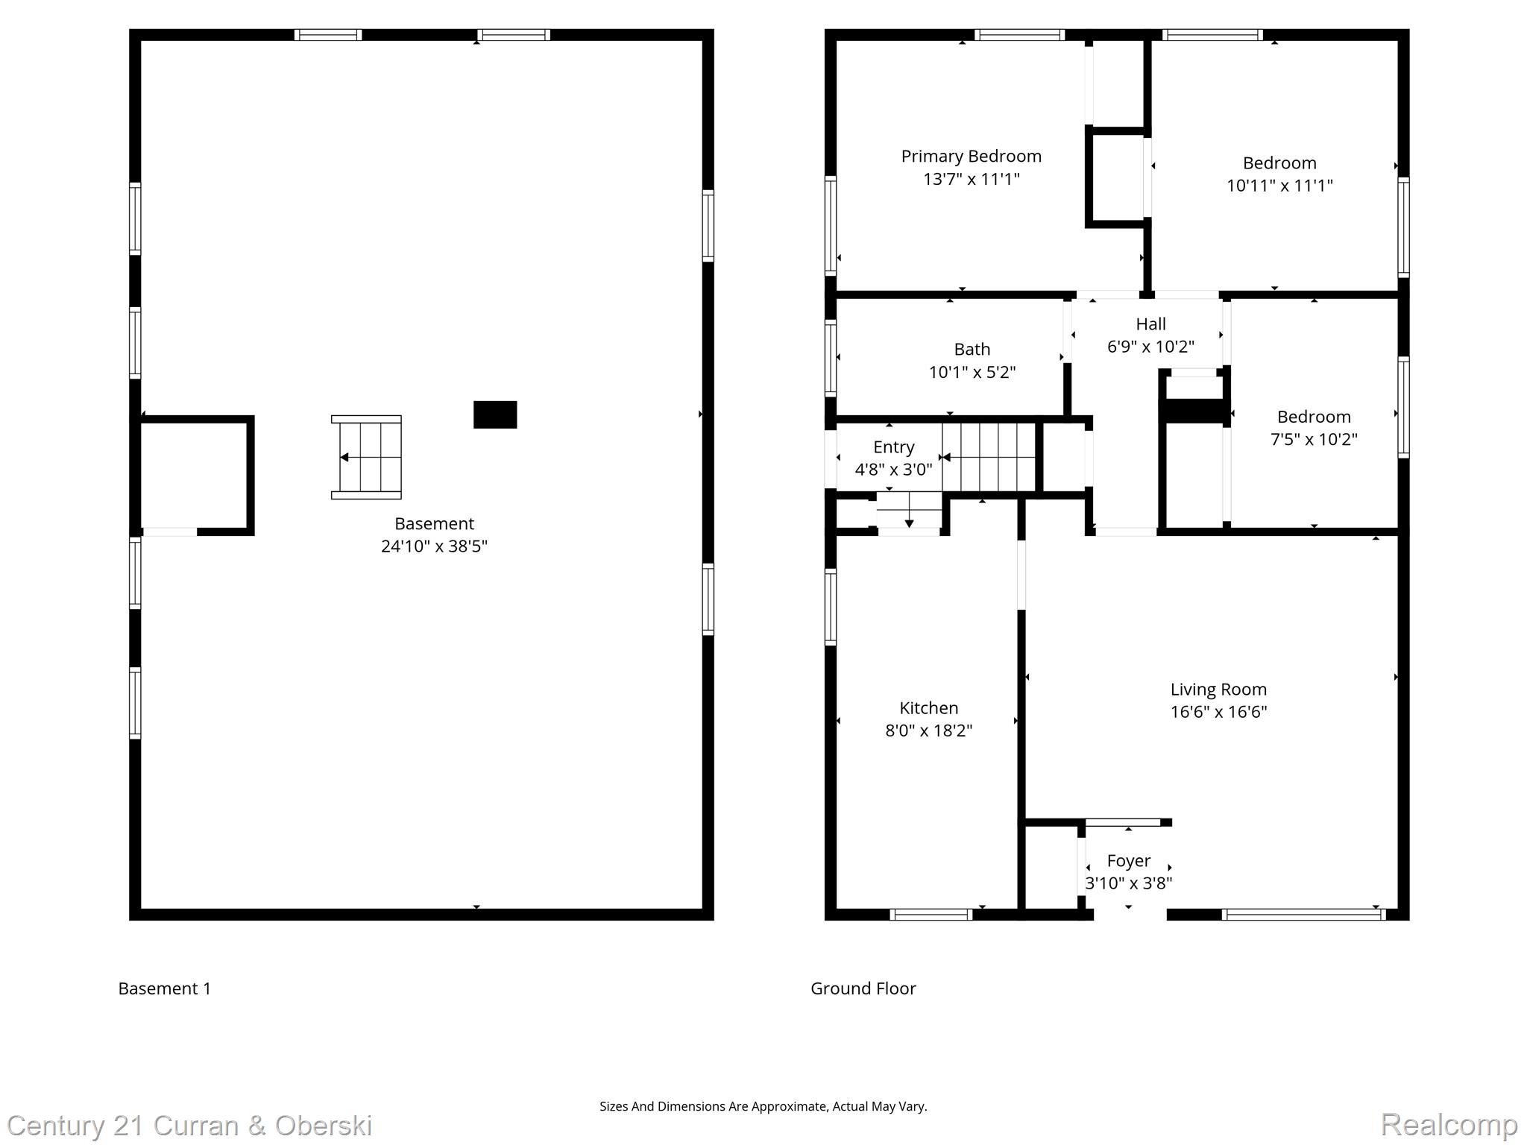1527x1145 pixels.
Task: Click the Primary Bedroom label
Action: click(971, 157)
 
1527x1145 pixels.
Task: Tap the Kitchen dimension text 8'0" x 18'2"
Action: click(928, 731)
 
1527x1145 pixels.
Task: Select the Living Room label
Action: click(1218, 690)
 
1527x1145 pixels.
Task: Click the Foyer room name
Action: click(1128, 861)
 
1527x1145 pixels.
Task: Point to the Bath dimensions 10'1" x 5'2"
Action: click(972, 372)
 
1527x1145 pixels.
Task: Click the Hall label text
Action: click(1150, 324)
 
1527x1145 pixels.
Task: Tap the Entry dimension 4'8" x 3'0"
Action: click(893, 470)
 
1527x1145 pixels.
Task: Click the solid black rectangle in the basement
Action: click(495, 414)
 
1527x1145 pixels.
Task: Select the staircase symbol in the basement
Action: click(366, 457)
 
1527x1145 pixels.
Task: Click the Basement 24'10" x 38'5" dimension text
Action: click(434, 546)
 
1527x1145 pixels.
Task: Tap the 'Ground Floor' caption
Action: click(863, 988)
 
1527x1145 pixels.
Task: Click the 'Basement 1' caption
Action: click(164, 988)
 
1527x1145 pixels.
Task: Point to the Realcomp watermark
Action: click(1449, 1124)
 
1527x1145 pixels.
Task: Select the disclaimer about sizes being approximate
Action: click(763, 1106)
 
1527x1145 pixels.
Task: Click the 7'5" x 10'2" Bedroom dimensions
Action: click(1313, 439)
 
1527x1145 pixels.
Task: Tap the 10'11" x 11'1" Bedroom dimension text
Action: click(1279, 186)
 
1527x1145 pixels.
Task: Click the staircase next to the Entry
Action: click(989, 457)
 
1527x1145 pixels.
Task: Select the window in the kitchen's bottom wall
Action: click(931, 915)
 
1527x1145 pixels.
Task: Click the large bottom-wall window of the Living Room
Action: click(1303, 915)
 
